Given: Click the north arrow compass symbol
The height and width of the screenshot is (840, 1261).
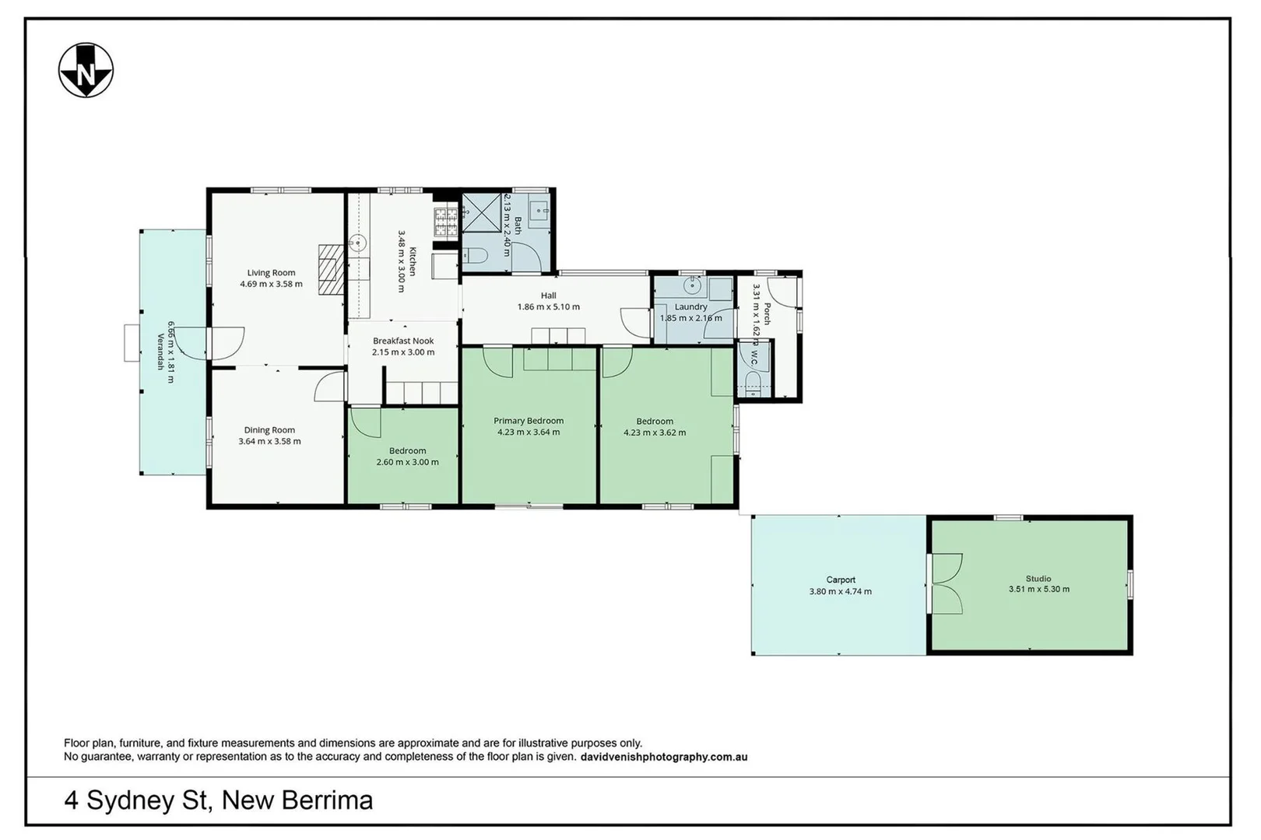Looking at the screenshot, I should [x=86, y=71].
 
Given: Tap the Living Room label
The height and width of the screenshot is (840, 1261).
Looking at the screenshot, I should [x=271, y=272].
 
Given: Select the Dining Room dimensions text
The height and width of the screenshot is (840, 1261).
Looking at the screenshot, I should [x=269, y=441].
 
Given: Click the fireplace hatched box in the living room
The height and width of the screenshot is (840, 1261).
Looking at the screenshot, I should [x=330, y=268].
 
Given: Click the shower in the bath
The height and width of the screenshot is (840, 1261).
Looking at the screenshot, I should [x=483, y=212].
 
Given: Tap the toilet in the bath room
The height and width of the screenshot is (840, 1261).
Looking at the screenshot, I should [x=475, y=256].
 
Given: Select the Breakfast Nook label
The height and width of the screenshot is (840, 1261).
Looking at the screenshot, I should [x=403, y=341].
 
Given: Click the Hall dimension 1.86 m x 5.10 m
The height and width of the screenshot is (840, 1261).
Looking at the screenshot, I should [x=548, y=306].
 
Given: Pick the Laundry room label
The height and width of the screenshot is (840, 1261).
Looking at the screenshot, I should [x=690, y=306].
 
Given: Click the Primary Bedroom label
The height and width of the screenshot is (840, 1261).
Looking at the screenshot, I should [x=529, y=421].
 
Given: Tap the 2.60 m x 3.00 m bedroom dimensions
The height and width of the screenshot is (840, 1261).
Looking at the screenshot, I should [x=407, y=462].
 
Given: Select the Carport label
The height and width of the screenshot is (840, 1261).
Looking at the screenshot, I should [x=841, y=579].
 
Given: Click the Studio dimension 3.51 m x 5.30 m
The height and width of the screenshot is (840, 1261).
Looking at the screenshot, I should [x=1038, y=589].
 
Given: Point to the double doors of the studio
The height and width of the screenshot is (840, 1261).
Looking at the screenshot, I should [x=946, y=583].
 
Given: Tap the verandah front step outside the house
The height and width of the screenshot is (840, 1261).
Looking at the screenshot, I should [x=132, y=343].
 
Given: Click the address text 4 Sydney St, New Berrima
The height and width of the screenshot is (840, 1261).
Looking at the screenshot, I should [x=219, y=800].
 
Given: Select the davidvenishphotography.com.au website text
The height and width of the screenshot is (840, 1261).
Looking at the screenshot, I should [x=664, y=757].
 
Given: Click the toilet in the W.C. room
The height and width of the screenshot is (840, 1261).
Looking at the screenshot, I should [x=753, y=382].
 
